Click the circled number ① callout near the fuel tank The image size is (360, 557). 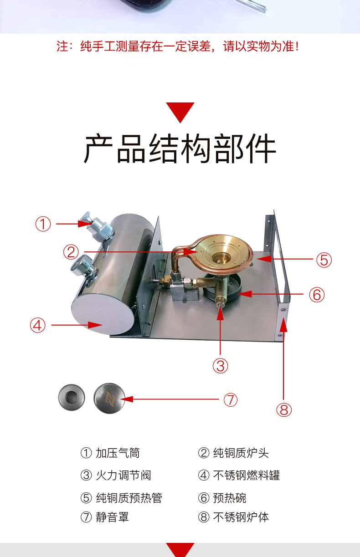tap(43, 224)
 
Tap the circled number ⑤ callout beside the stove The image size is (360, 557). tap(324, 260)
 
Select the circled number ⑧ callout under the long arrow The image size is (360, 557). tap(284, 409)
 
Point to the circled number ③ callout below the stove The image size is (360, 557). tap(221, 366)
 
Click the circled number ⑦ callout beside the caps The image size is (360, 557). tap(230, 399)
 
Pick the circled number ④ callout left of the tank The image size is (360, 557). tap(37, 325)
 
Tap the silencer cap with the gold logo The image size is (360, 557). tap(109, 399)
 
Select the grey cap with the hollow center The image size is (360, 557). tap(72, 397)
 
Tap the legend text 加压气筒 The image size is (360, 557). tap(118, 453)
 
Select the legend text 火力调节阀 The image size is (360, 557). tap(123, 475)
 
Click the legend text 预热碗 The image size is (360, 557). tap(230, 498)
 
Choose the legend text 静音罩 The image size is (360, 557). tap(113, 517)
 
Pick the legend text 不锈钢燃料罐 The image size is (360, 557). tap(247, 475)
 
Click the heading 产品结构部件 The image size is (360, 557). tap(180, 148)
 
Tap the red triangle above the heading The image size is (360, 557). tap(180, 112)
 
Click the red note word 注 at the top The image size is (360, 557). tap(62, 46)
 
